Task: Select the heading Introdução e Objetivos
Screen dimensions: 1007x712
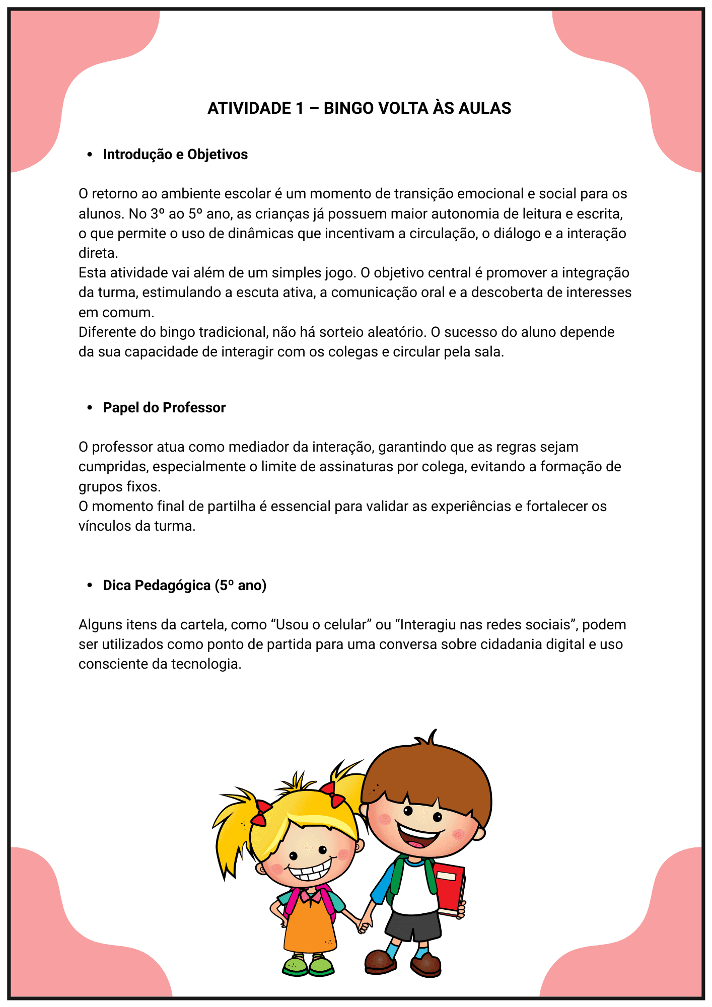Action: point(175,155)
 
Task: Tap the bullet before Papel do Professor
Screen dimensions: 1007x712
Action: point(90,408)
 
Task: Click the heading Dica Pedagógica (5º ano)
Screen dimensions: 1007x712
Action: point(184,586)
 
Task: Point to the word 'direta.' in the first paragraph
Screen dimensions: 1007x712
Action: point(98,253)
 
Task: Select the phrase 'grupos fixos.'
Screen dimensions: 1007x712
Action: point(119,487)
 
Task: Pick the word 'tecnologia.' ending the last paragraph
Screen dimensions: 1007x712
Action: point(206,664)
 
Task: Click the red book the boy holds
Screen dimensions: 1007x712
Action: point(450,890)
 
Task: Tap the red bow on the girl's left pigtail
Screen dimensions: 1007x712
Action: point(260,812)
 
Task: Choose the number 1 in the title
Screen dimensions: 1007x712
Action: point(300,108)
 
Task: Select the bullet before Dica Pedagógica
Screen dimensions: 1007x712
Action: point(90,586)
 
